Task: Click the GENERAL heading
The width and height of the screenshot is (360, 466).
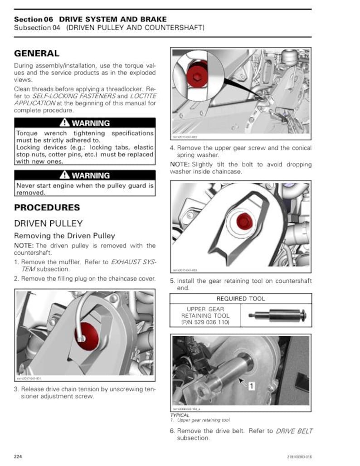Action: coord(37,53)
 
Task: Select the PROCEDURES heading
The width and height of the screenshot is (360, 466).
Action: coord(47,208)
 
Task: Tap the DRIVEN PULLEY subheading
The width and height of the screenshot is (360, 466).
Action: coord(49,223)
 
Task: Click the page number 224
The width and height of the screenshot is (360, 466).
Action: coord(18,456)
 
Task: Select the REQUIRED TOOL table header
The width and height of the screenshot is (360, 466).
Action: coord(241,299)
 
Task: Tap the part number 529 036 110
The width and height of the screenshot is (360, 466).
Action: coord(205,322)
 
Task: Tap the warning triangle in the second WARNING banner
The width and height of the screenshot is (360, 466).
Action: coord(64,175)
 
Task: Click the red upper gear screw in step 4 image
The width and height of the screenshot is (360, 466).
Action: coord(243,221)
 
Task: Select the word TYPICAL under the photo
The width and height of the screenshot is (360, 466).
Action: coord(180,415)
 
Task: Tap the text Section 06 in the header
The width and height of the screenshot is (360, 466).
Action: coord(34,19)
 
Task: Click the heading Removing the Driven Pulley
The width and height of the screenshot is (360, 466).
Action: coord(64,236)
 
